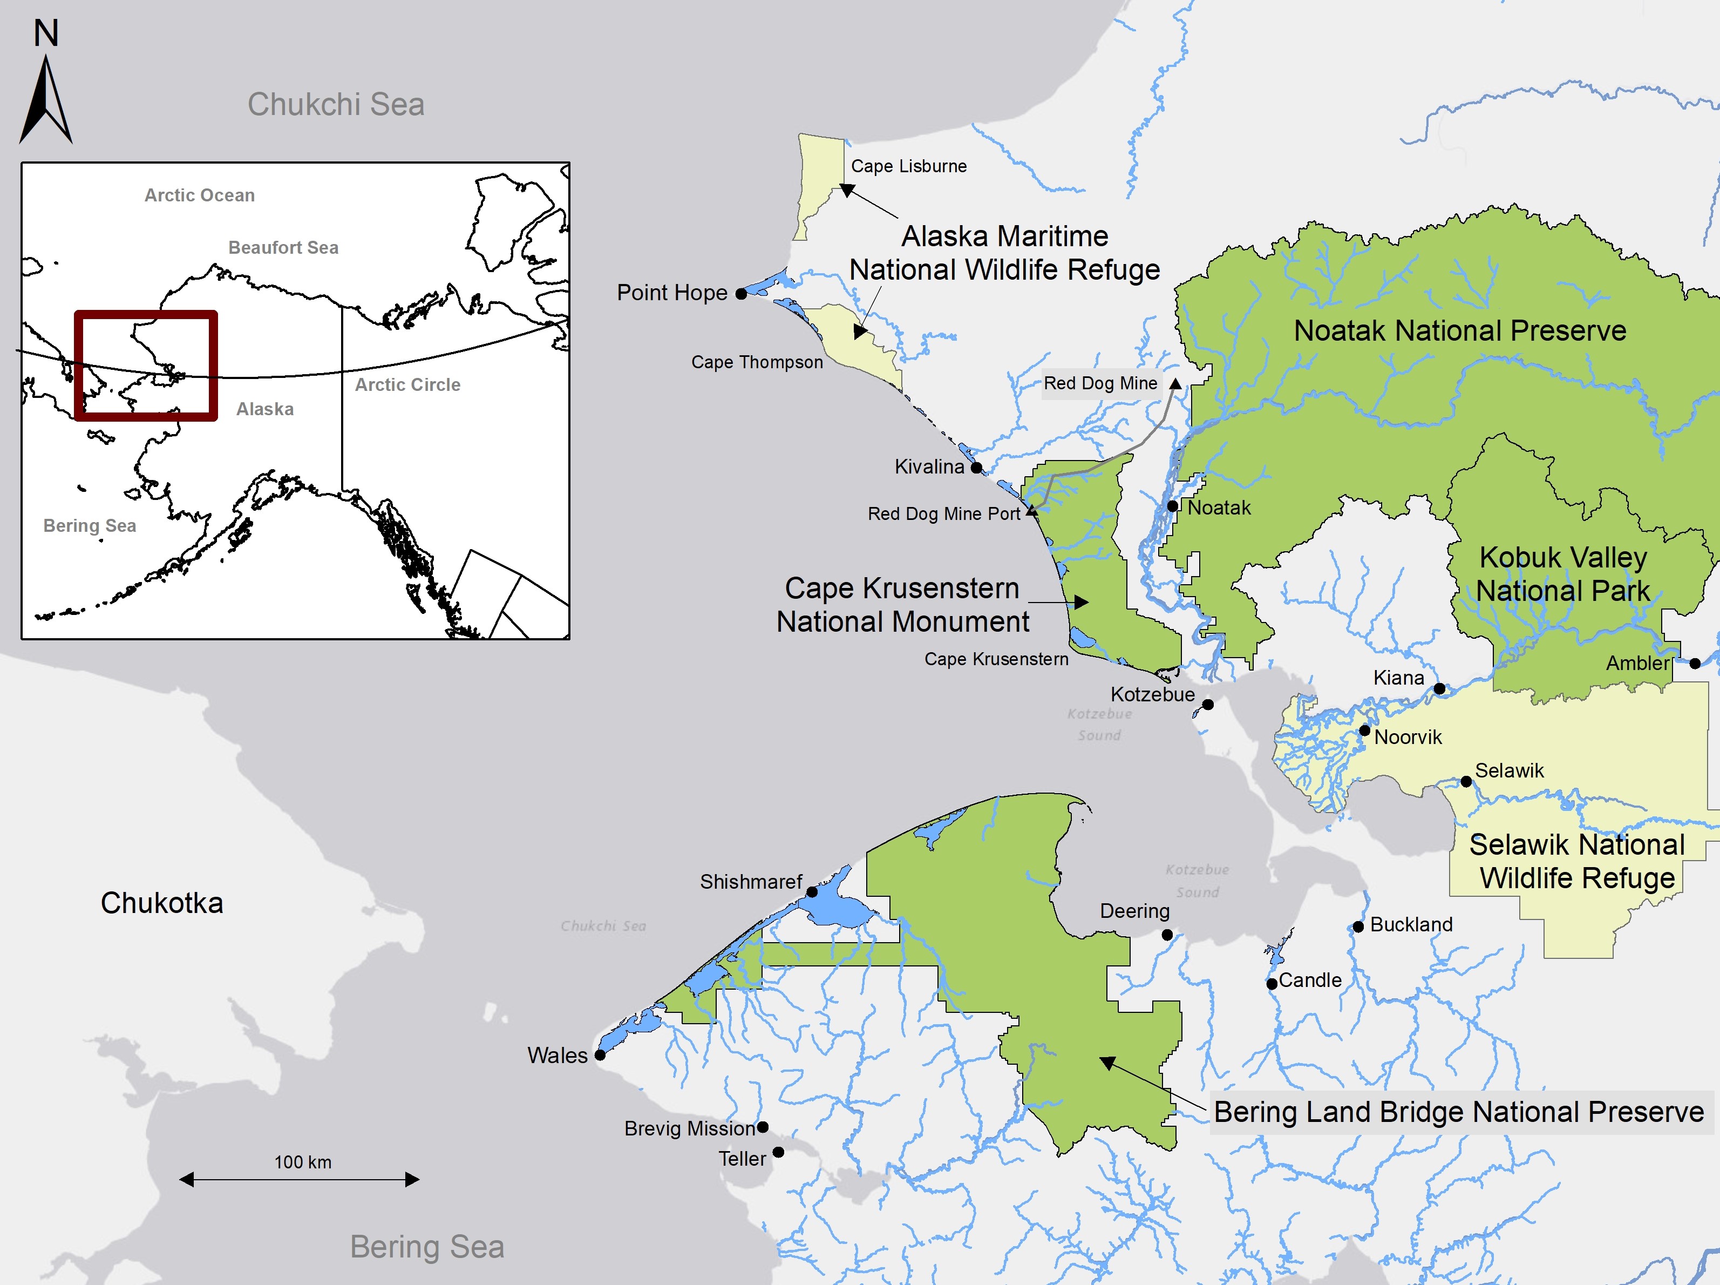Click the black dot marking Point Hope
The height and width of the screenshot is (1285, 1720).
pos(741,294)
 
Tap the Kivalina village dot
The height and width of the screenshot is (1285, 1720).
pos(977,468)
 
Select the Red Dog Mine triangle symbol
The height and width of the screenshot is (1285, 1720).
pos(1175,383)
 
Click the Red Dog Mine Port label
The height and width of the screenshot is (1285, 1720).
pos(943,513)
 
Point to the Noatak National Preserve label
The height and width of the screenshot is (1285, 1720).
pos(1459,330)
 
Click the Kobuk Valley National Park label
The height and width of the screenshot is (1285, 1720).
pos(1563,574)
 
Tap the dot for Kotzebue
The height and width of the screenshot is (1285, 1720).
pos(1208,705)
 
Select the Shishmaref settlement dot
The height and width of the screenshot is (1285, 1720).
pos(812,892)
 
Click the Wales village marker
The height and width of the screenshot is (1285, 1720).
pos(600,1056)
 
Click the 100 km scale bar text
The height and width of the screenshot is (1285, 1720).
pos(302,1162)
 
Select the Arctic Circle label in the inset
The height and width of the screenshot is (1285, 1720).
pos(407,384)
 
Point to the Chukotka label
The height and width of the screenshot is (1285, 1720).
pos(162,903)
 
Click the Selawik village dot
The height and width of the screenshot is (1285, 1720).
pos(1466,782)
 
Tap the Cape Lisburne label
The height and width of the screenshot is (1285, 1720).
pos(908,166)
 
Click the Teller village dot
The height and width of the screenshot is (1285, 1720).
pos(778,1152)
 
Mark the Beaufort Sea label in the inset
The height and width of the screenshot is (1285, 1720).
pos(283,247)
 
